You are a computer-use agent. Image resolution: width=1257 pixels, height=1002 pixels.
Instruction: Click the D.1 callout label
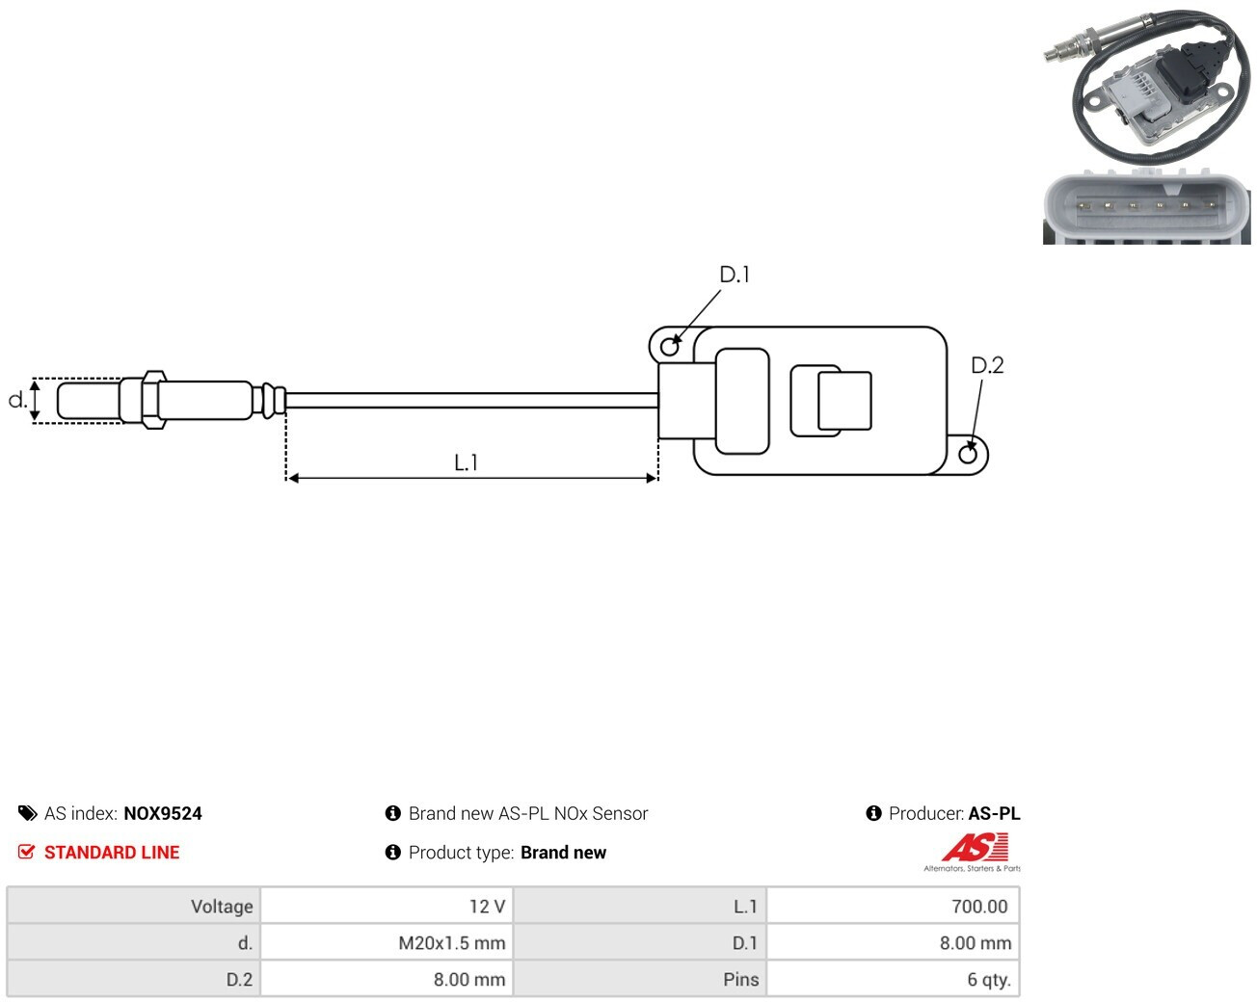735,275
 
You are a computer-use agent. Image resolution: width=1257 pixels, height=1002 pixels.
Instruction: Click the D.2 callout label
986,365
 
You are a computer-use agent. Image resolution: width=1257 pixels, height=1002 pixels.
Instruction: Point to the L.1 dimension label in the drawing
467,462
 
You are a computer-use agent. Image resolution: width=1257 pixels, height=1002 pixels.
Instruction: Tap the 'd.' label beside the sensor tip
17,400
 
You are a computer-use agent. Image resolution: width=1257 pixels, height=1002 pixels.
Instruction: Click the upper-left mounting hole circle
669,347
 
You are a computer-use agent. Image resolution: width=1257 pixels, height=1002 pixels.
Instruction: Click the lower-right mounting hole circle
967,455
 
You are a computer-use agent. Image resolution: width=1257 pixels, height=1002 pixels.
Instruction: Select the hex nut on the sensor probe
153,400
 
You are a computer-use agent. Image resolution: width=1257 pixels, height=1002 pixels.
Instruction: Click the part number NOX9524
163,813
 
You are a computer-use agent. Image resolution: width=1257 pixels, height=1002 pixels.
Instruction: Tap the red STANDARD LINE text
112,853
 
